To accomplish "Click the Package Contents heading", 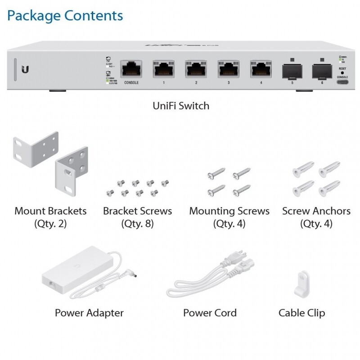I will point(65,15).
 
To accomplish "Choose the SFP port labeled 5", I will point(292,71).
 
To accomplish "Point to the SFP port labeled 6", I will point(322,71).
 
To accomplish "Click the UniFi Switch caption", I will point(181,106).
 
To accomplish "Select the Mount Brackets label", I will point(50,211).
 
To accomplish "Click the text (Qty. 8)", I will point(137,223).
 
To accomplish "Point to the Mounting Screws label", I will point(229,211).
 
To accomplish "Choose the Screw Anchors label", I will point(316,211).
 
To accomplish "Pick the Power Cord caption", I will point(210,313).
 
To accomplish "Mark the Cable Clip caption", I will point(301,313).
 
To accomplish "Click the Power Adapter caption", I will point(89,313).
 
